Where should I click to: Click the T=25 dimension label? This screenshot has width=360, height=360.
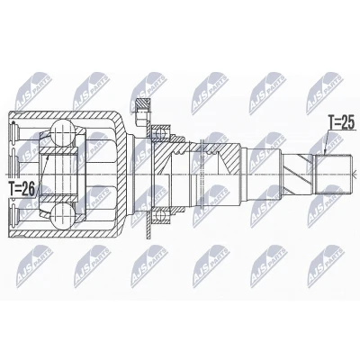[x=342, y=122]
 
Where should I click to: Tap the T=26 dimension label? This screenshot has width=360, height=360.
[x=22, y=189]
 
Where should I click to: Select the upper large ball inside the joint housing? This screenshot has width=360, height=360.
[x=62, y=131]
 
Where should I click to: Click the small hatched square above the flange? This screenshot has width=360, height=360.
[x=143, y=105]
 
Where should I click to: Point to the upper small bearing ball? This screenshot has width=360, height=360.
[x=160, y=132]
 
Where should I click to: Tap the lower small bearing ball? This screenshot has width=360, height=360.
[x=160, y=215]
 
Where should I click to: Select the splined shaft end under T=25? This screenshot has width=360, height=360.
[x=333, y=174]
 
